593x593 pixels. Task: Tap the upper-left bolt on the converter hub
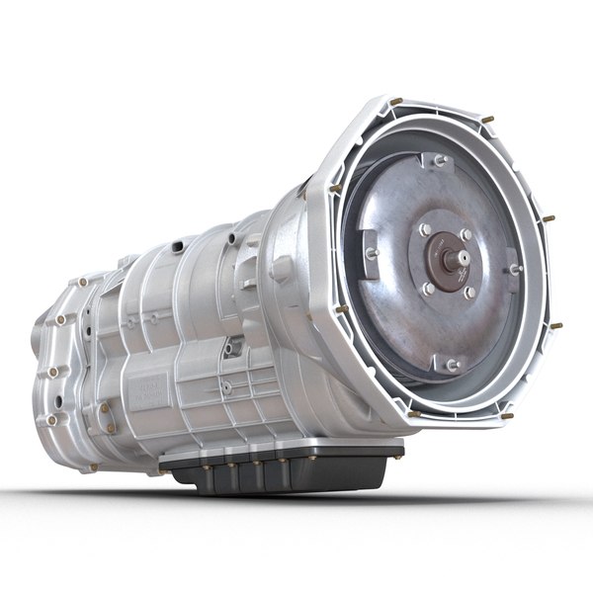pos(425,229)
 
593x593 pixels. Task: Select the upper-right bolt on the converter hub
pos(466,235)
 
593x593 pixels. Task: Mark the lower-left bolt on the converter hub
pos(427,289)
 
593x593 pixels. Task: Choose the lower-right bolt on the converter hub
pos(470,293)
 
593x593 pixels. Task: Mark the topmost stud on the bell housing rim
pos(395,101)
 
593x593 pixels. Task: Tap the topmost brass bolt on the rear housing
pos(83,282)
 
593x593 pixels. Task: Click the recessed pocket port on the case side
pos(233,348)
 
